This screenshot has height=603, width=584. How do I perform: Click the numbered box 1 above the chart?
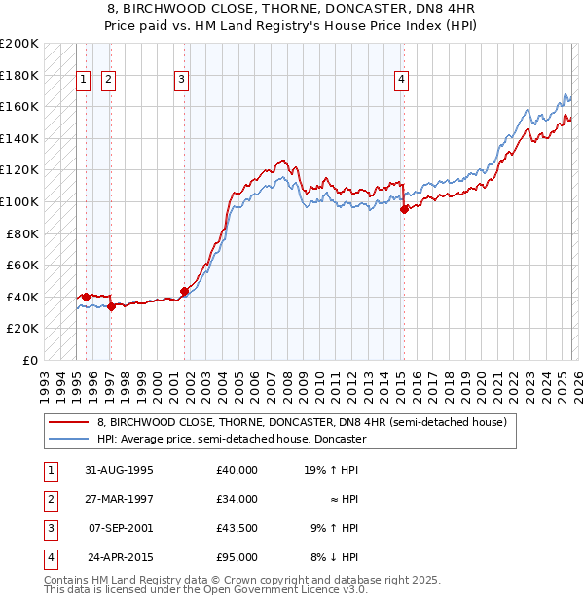83,81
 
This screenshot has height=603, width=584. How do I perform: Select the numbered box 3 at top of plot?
182,81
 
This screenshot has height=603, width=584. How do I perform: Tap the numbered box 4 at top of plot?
401,81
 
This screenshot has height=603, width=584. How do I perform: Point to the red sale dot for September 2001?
184,291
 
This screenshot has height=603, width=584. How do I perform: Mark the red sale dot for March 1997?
111,306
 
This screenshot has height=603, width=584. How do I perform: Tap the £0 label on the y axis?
28,360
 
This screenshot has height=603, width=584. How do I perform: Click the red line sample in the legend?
68,423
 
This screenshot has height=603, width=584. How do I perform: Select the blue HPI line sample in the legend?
68,440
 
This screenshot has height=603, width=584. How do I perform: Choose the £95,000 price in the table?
237,557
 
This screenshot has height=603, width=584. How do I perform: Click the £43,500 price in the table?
237,528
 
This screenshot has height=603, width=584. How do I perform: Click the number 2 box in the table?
49,499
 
